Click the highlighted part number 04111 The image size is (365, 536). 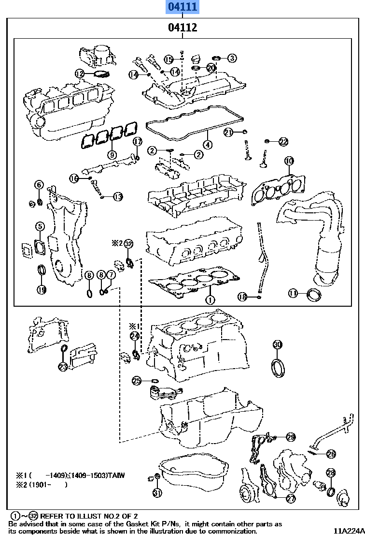182,7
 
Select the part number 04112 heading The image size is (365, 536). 182,28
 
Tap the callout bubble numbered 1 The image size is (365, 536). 209,300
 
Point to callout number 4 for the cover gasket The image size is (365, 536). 207,144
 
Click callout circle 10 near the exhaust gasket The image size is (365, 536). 288,161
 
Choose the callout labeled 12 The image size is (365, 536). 80,74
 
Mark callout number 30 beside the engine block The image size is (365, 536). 277,344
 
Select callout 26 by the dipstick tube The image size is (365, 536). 331,454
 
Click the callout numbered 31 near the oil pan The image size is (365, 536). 157,493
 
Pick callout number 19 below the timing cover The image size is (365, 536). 42,290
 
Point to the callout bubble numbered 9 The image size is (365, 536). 112,155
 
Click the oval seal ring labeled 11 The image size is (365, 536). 314,294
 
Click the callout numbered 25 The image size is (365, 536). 137,381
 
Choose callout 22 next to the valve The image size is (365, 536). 283,141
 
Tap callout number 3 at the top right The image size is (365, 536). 232,58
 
